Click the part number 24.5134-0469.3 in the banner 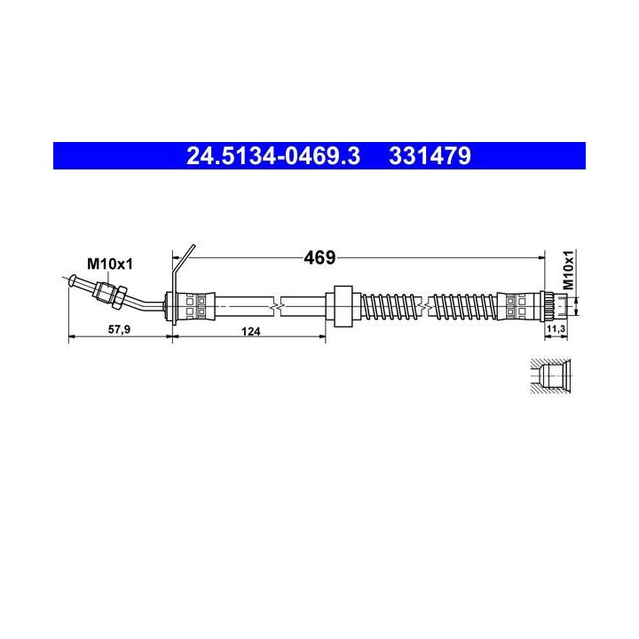[x=272, y=156]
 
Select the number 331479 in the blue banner [x=429, y=156]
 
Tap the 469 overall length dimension [x=319, y=258]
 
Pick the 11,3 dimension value [x=556, y=330]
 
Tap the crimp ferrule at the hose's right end [x=517, y=305]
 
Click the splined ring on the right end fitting [x=548, y=305]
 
